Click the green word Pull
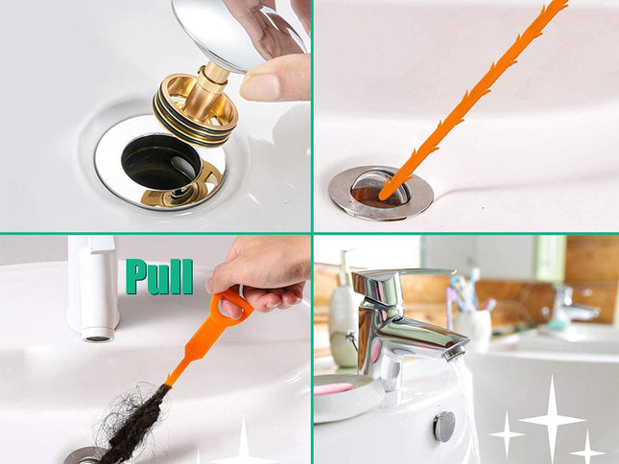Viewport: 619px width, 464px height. coord(159,276)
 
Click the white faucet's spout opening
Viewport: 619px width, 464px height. coord(97,335)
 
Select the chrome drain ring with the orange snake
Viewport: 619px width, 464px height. coord(380,192)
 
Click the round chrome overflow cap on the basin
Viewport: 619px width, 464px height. coord(443,426)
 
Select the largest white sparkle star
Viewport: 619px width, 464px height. coord(551,419)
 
